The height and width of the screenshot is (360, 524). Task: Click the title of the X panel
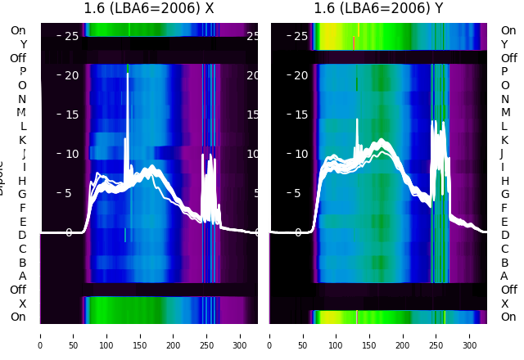[148, 9]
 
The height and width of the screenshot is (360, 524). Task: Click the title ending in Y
[379, 9]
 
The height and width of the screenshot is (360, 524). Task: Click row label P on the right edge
[504, 72]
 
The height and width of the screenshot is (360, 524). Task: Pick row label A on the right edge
[504, 276]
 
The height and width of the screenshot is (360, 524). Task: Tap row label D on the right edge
[504, 235]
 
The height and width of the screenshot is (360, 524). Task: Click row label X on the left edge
[23, 304]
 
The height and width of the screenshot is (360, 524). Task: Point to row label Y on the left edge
[23, 45]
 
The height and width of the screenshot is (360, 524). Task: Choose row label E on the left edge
[23, 222]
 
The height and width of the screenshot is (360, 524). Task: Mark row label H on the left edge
[23, 181]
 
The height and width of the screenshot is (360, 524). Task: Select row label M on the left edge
[21, 113]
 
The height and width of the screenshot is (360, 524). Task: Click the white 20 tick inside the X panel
[70, 75]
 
